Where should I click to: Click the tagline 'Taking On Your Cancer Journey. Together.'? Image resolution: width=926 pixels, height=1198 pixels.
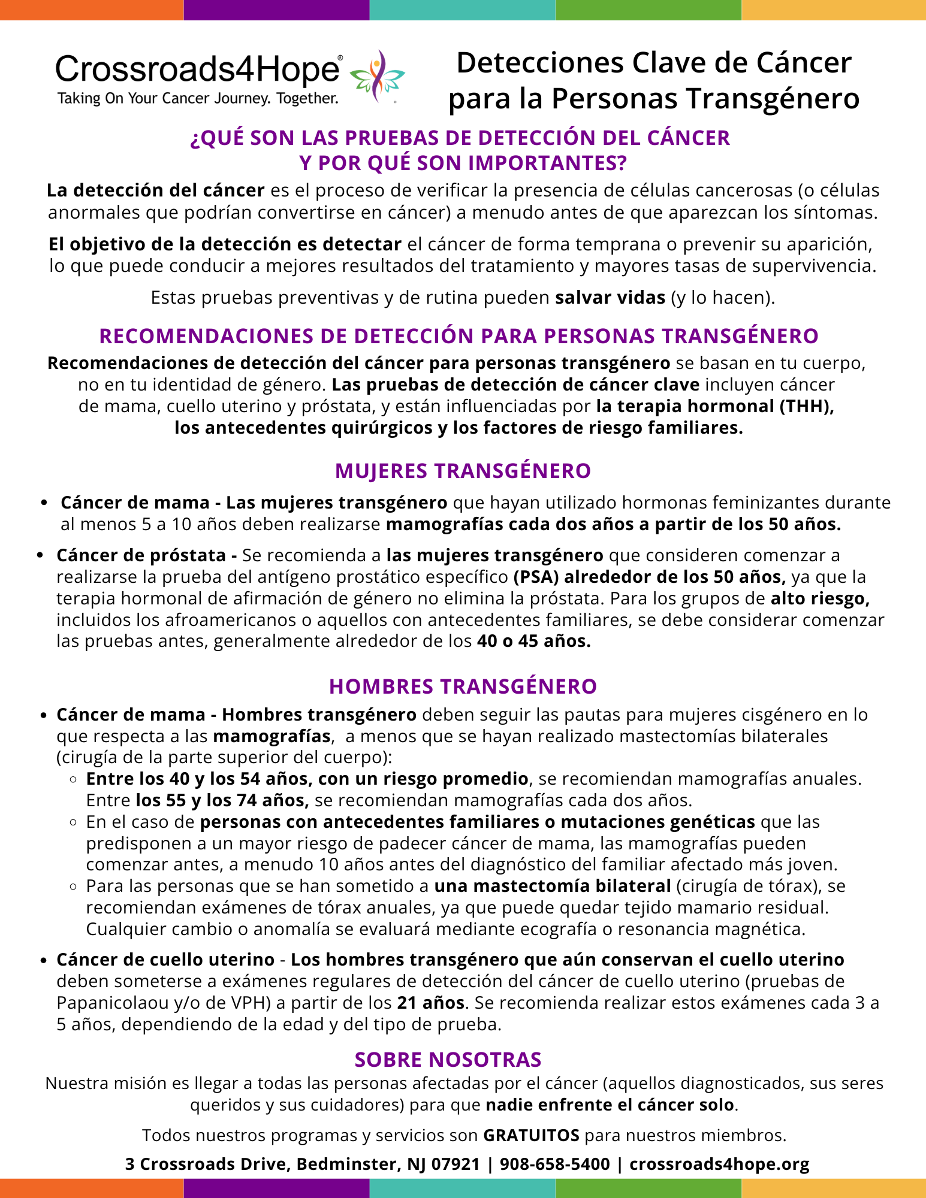click(x=198, y=98)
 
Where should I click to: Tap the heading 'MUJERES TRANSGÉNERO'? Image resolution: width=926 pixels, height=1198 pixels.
click(x=463, y=471)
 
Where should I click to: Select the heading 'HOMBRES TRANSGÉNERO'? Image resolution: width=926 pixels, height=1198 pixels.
click(x=463, y=686)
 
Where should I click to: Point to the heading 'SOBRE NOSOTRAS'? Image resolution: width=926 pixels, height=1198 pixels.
click(x=448, y=1060)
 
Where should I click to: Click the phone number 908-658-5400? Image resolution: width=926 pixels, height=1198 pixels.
click(x=554, y=1164)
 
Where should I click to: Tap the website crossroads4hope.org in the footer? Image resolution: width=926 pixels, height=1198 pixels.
click(x=719, y=1164)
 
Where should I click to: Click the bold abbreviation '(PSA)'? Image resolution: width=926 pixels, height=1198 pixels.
click(x=536, y=577)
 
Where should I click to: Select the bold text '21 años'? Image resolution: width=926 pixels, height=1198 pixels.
click(x=430, y=1003)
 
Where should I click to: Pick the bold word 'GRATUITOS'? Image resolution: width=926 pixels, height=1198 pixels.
click(x=531, y=1135)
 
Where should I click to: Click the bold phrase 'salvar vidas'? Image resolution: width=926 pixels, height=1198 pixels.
click(x=610, y=298)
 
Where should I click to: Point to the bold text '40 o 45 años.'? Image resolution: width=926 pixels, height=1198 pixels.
click(x=534, y=642)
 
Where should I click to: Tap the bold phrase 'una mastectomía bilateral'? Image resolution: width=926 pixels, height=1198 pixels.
click(x=553, y=886)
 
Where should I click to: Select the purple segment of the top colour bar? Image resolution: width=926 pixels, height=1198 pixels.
click(x=276, y=10)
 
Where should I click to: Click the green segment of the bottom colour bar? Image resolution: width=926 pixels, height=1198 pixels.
click(x=648, y=1188)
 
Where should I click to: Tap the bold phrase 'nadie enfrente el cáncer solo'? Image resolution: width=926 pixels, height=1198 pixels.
click(x=610, y=1105)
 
